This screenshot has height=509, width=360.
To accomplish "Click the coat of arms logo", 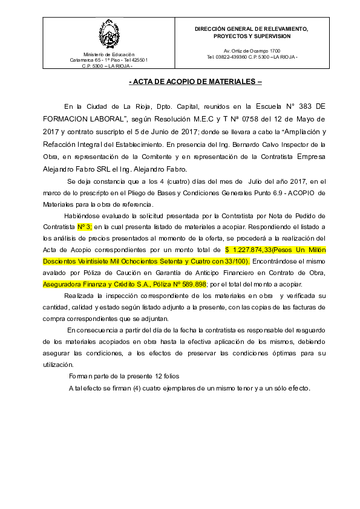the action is pos(109,34).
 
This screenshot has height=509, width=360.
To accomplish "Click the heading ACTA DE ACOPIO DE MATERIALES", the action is pos(195,82).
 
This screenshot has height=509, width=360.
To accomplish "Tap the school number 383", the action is pos(305,106).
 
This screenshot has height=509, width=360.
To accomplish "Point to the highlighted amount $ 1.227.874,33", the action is pos(249,250).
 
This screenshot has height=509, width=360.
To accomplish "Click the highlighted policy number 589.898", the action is pos(194,284).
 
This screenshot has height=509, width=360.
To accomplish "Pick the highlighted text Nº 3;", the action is pos(85,227).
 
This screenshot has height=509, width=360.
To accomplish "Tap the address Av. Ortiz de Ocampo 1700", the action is pos(252,51).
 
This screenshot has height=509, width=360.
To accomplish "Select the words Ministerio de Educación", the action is pos(109,54).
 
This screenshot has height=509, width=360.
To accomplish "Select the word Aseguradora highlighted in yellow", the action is pos(62,284).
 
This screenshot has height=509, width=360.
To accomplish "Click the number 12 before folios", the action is pos(159,376).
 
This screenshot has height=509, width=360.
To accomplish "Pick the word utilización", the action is pos(59,365).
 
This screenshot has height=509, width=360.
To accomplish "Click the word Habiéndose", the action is pos(81,216).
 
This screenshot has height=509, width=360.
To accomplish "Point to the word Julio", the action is pos(257,182).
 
